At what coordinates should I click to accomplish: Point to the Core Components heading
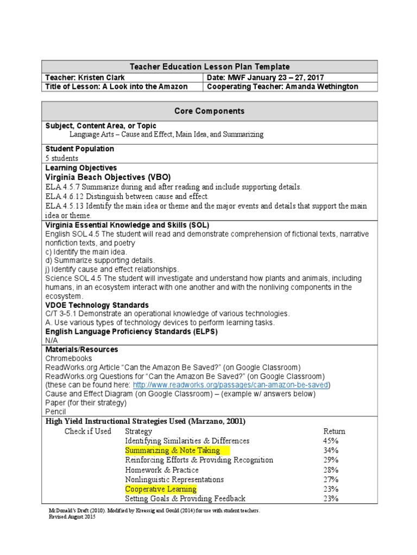pos(209,111)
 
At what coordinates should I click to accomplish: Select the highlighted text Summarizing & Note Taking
pos(172,450)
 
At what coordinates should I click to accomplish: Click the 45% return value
pos(331,441)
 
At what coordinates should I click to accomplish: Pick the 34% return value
pos(331,450)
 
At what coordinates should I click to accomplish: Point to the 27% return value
pos(331,479)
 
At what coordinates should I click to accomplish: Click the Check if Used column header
pos(87,431)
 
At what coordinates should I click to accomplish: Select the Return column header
pos(334,431)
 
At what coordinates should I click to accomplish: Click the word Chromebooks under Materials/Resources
pos(69,358)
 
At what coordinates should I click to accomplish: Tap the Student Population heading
pos(80,149)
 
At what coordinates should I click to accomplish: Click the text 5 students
pos(62,158)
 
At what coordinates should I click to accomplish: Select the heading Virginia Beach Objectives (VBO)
pos(108,177)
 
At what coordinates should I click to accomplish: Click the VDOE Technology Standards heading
pos(97,305)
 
